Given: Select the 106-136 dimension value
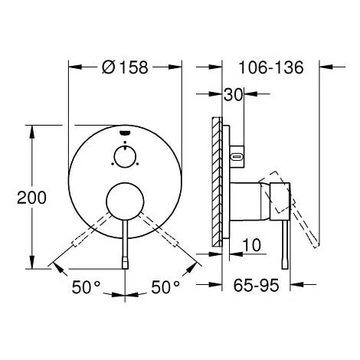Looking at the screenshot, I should coord(272,67).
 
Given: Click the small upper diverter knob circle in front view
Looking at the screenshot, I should coord(125,158).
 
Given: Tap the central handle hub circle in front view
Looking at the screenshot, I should coord(125,204).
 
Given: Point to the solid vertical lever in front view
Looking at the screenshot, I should coord(125,245).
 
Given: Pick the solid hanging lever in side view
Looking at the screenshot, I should coord(286,237).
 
